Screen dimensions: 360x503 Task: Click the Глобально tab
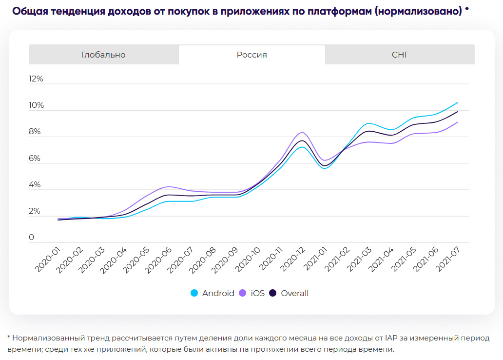[103, 55]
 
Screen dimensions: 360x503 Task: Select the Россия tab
[251, 55]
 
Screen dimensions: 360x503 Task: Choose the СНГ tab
[400, 55]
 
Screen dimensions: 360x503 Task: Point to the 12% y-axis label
[36, 79]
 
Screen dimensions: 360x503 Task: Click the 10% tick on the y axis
[36, 105]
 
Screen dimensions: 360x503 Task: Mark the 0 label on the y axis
[32, 238]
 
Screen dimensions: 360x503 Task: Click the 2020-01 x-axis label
[47, 260]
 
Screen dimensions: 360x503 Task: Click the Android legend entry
[213, 293]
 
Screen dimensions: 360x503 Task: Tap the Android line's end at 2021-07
[457, 102]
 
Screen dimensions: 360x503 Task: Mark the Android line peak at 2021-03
[369, 123]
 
